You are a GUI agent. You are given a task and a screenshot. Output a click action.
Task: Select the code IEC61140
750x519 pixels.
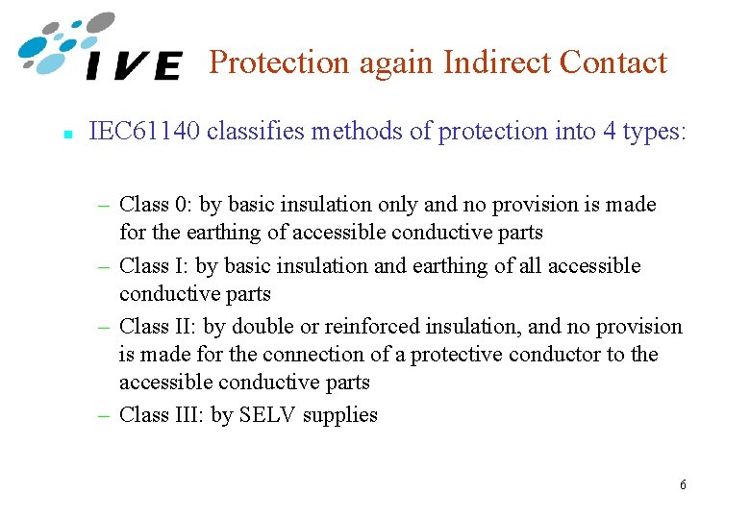click(144, 132)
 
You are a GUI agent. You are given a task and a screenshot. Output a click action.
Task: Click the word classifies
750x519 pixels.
click(258, 132)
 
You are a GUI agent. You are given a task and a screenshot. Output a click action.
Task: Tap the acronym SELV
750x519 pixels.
click(269, 415)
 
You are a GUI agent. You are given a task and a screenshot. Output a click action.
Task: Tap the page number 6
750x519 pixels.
click(683, 484)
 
